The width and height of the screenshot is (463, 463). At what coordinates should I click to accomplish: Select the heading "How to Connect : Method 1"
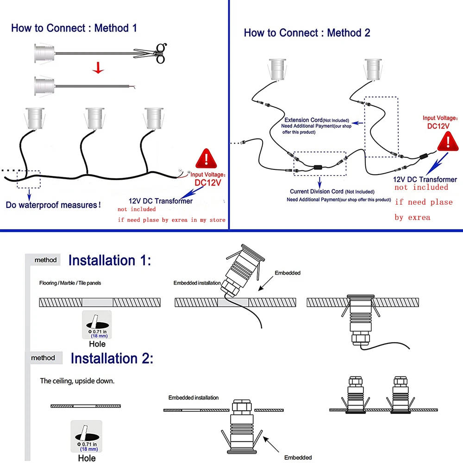(x=74, y=28)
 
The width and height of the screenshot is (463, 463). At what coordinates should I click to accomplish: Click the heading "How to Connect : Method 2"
(x=307, y=33)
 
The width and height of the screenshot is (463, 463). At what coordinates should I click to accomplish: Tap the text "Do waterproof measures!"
(x=53, y=205)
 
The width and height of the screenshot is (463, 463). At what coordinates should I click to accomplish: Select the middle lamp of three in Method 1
(x=95, y=118)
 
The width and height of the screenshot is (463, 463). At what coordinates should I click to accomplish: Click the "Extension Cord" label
(x=303, y=120)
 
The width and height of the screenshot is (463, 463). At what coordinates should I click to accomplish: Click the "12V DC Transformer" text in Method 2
(x=425, y=180)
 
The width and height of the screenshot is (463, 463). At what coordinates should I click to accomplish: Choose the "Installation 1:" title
(x=109, y=260)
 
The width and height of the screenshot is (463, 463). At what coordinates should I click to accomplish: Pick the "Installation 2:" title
(x=112, y=358)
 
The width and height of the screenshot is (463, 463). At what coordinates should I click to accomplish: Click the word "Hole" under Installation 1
(x=97, y=344)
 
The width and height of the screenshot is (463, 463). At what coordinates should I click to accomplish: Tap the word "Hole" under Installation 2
(x=87, y=458)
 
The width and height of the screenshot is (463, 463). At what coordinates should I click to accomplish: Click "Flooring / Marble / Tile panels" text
(x=70, y=283)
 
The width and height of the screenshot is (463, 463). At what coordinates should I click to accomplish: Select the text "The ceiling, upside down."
(x=77, y=381)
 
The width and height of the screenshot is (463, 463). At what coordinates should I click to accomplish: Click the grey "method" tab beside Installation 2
(x=43, y=358)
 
